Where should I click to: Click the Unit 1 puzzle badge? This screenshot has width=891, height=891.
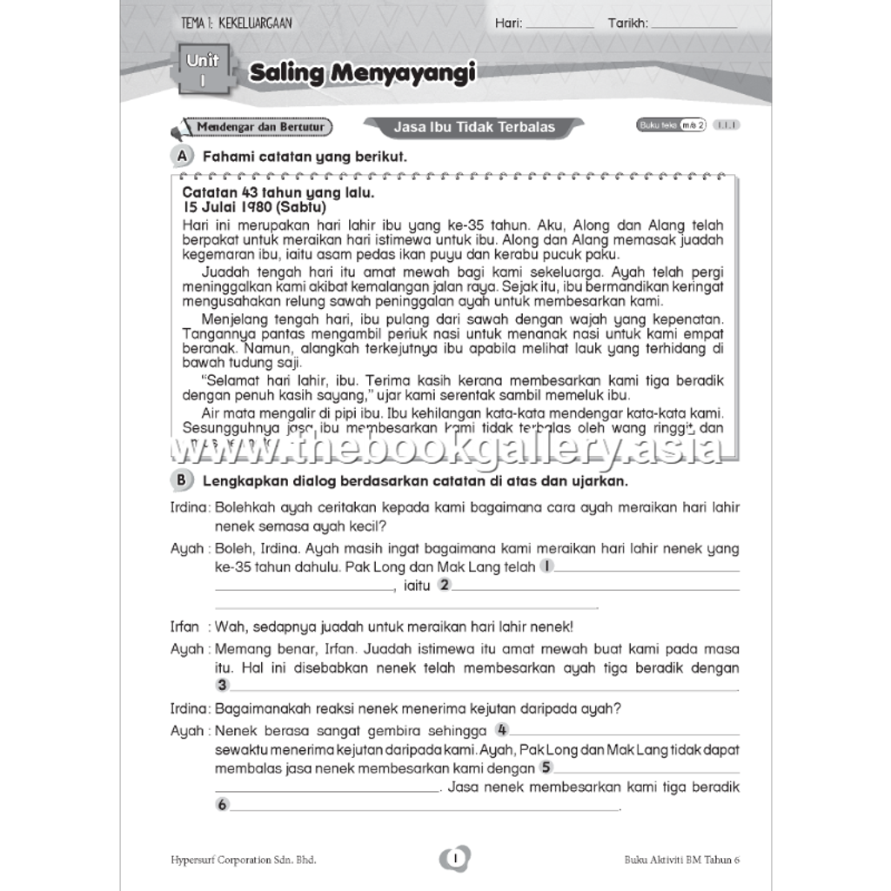(x=204, y=70)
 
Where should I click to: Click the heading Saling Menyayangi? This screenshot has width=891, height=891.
(x=362, y=74)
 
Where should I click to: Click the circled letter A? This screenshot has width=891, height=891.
(x=181, y=156)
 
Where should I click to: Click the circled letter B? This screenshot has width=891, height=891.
(x=181, y=480)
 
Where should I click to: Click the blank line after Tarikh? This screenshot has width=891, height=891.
(x=693, y=24)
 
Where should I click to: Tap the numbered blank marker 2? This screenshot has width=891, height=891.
(x=444, y=585)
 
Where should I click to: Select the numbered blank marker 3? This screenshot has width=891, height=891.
(x=222, y=686)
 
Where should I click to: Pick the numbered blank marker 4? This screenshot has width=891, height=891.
(x=502, y=730)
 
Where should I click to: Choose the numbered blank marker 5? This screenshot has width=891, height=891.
(x=546, y=767)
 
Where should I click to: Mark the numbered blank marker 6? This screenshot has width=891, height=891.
(x=222, y=805)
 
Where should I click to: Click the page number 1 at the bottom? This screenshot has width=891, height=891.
(x=455, y=859)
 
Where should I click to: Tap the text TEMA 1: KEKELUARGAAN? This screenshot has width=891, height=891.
(x=231, y=24)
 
